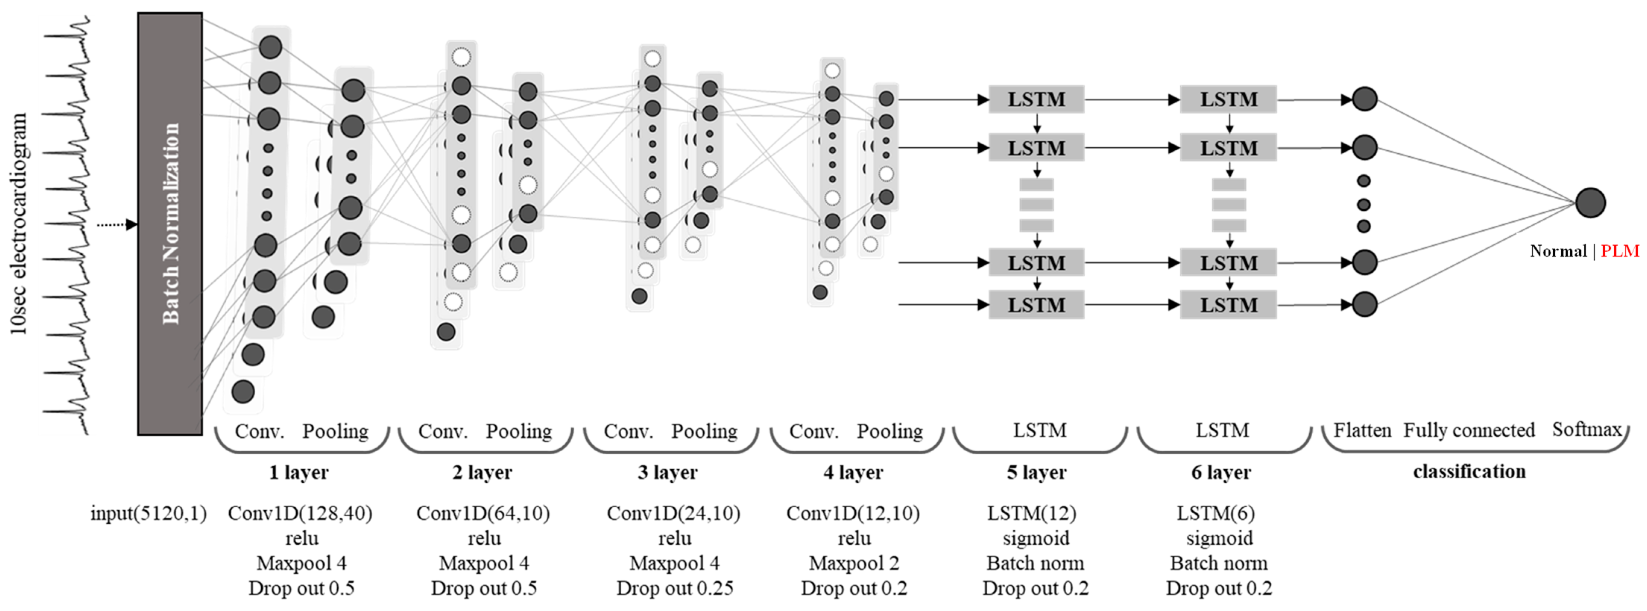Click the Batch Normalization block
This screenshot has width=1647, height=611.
pyautogui.click(x=170, y=224)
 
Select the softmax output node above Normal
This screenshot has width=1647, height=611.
pyautogui.click(x=1590, y=203)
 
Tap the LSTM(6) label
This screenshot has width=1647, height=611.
pyautogui.click(x=1215, y=513)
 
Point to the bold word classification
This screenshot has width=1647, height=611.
pyautogui.click(x=1468, y=471)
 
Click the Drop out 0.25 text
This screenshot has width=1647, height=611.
pyautogui.click(x=675, y=588)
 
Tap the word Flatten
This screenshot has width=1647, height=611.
pyautogui.click(x=1362, y=430)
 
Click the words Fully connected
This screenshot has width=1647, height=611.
pyautogui.click(x=1468, y=430)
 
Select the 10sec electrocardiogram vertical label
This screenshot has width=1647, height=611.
pyautogui.click(x=19, y=224)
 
